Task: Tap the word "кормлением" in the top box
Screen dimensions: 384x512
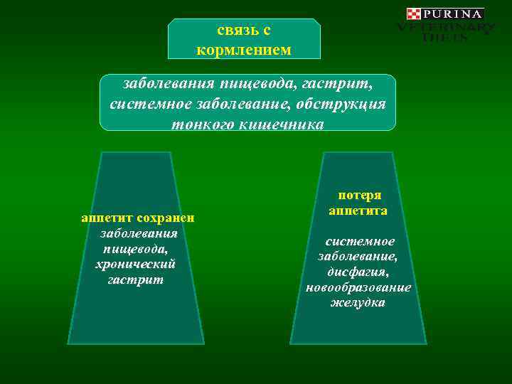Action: pos(244,50)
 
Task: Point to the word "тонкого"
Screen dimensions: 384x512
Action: pos(199,124)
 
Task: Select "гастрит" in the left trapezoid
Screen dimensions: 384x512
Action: pos(135,280)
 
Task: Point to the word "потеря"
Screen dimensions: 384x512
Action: pos(359,196)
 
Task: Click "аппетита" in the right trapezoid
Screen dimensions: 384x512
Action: pos(358,211)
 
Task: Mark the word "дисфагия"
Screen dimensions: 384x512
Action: pos(358,272)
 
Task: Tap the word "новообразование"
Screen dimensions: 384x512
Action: pos(358,288)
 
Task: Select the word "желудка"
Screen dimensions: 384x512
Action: pos(358,304)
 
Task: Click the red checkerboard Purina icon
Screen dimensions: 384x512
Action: pos(414,14)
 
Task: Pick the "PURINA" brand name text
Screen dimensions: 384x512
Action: pos(454,14)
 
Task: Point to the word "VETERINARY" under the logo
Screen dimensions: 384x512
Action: pos(445,28)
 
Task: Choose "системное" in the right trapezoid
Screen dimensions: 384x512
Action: pos(360,242)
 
